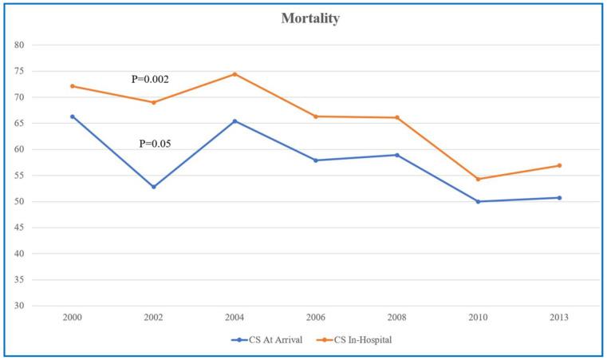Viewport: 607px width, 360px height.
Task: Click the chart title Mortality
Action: pos(310,19)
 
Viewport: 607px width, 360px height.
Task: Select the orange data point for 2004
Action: pos(235,74)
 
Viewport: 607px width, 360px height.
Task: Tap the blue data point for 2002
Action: pos(153,187)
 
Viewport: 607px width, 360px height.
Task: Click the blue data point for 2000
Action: pos(73,117)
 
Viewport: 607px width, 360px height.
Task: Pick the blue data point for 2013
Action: pos(559,198)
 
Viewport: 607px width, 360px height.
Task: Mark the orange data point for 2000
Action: pos(73,86)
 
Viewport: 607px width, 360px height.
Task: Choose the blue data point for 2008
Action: pos(397,155)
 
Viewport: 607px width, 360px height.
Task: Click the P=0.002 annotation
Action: pos(150,80)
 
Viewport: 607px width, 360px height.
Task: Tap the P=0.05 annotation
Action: pos(156,144)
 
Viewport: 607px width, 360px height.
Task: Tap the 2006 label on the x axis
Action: pos(316,318)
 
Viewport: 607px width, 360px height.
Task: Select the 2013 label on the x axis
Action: pos(559,318)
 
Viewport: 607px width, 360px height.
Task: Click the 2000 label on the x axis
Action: pos(73,318)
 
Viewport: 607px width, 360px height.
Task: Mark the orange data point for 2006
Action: pos(316,117)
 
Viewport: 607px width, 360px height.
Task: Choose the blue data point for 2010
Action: pos(479,202)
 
